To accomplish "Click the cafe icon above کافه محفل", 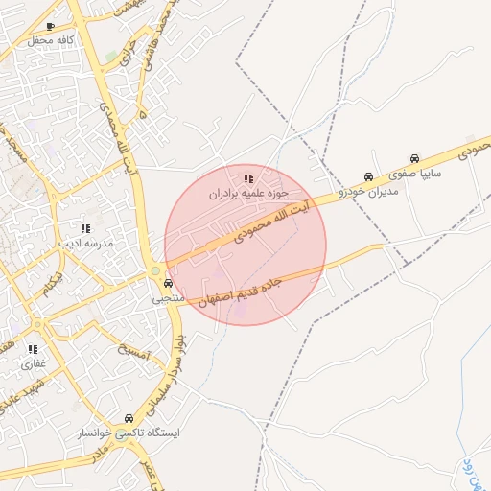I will click(50, 27).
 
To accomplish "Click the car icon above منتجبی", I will click(168, 283).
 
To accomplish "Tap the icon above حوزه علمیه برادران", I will click(248, 178).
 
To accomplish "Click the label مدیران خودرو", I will click(368, 190).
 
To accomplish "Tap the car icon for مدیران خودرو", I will click(369, 176).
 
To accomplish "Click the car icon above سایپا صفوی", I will click(414, 158).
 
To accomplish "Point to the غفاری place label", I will click(33, 364).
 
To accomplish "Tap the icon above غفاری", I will click(33, 350).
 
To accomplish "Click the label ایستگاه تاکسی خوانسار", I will click(129, 433).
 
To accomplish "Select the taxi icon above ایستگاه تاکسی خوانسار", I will click(129, 418).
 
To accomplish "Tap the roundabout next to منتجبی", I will click(155, 271).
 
